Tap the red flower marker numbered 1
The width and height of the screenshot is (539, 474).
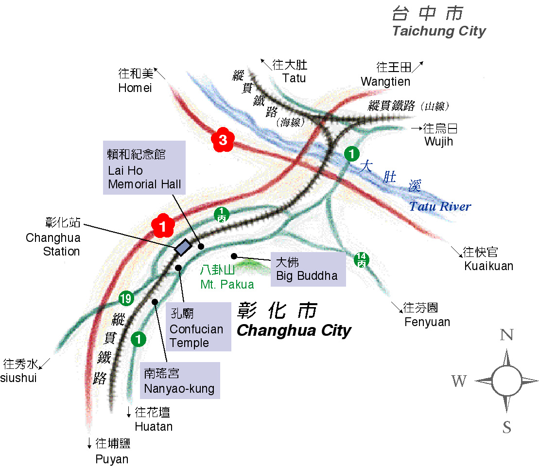[163, 225]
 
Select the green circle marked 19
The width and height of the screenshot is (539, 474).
[126, 298]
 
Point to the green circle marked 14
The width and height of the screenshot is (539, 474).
[361, 259]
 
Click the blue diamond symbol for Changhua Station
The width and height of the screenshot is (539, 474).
[183, 247]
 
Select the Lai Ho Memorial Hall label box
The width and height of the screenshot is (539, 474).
[144, 168]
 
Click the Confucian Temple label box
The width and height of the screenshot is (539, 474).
[196, 327]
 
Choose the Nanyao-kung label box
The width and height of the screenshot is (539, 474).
[179, 382]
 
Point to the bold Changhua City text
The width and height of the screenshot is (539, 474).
[294, 331]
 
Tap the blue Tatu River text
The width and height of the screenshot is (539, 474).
[440, 206]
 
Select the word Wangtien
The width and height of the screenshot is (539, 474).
[385, 82]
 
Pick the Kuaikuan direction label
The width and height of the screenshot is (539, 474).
[488, 266]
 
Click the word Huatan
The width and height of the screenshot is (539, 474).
[154, 427]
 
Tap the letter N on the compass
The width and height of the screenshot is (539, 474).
[507, 335]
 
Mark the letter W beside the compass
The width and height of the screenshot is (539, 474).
[459, 381]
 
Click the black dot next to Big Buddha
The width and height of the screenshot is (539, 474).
[234, 256]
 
